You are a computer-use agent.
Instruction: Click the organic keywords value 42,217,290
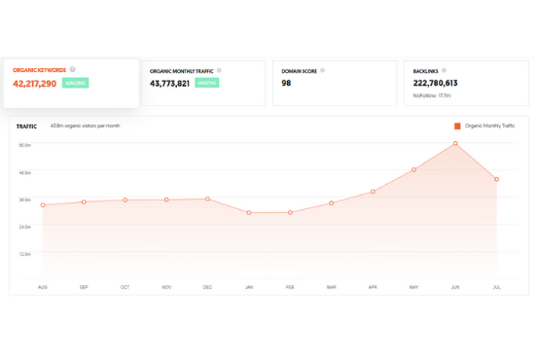click(35, 84)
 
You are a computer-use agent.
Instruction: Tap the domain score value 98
click(287, 84)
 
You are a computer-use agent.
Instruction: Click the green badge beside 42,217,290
click(76, 84)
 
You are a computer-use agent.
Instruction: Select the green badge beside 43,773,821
click(206, 84)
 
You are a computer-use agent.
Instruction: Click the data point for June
click(455, 144)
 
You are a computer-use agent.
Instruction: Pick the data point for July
click(496, 179)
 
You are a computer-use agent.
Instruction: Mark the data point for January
click(249, 212)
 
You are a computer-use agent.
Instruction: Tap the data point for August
click(43, 204)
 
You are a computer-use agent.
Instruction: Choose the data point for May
click(414, 169)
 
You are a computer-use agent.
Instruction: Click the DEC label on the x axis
click(207, 287)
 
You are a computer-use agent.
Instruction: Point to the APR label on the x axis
click(373, 287)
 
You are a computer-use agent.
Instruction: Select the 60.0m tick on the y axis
click(25, 145)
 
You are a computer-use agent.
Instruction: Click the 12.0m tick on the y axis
click(25, 254)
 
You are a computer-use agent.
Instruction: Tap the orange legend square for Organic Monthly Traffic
click(457, 126)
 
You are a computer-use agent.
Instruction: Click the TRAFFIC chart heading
click(27, 126)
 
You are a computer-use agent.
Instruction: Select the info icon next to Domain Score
click(323, 70)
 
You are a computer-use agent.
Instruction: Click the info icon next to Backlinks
click(442, 70)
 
